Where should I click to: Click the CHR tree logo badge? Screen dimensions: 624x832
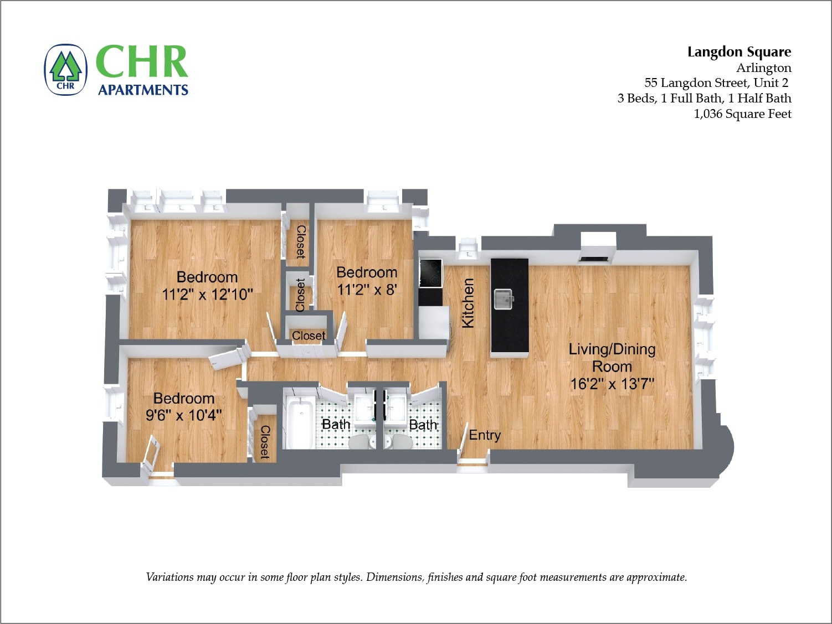66,70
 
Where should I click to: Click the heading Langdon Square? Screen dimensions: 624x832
739,52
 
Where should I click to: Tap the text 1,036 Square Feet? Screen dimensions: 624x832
742,114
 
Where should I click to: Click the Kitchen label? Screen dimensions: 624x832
468,303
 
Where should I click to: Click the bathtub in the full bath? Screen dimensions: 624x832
299,424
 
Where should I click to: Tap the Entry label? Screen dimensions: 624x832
485,435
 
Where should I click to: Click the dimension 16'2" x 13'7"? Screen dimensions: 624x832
612,384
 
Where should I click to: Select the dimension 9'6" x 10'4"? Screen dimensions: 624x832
183,415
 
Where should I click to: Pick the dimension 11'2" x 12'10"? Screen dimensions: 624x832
207,295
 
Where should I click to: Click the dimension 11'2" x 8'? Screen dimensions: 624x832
367,290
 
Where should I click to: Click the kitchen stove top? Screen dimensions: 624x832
430,273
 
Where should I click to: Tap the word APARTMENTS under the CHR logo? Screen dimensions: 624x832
143,90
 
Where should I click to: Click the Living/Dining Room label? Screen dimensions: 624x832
612,358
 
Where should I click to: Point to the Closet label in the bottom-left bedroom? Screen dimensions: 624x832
265,442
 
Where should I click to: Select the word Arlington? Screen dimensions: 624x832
763,68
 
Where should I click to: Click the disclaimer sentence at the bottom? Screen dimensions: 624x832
416,577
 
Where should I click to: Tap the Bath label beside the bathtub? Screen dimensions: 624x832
336,424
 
